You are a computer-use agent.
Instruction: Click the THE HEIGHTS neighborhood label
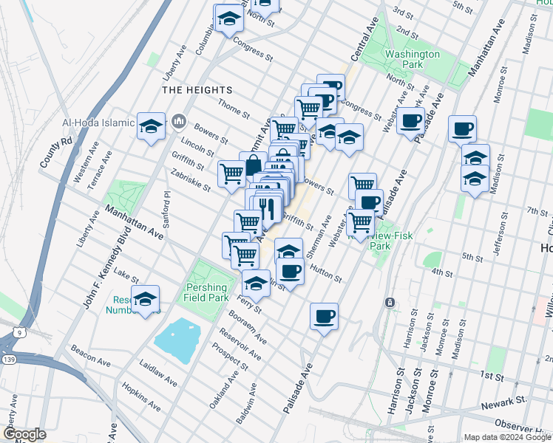point(197,90)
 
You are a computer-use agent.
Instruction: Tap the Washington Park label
point(413,59)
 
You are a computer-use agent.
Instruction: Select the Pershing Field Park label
point(206,292)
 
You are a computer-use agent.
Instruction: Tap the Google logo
point(24,434)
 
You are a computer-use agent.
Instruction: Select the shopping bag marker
point(253,164)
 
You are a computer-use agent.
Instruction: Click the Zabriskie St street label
point(191,180)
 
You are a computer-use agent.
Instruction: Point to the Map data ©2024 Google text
point(506,437)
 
